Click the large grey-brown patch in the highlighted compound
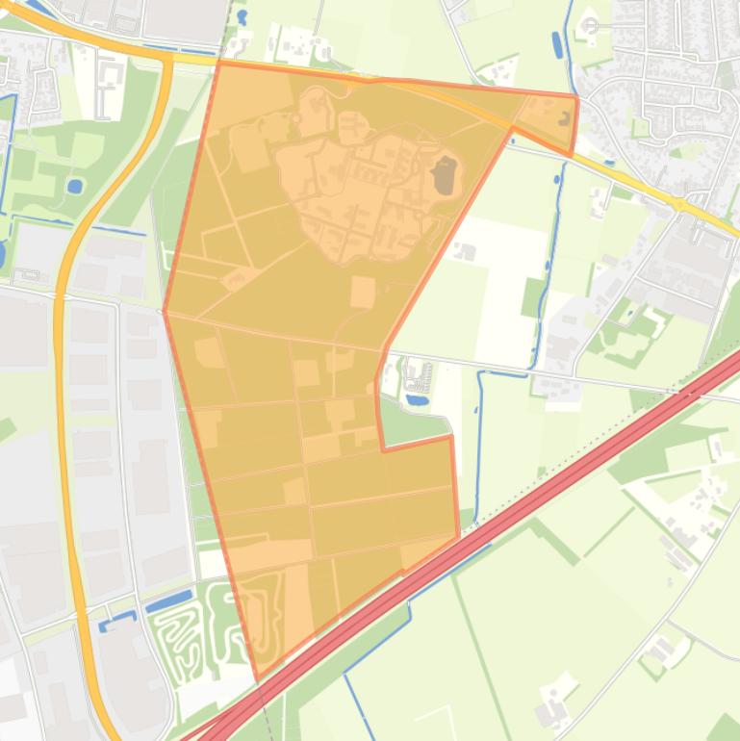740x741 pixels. coord(444,177)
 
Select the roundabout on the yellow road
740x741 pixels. coord(679,204)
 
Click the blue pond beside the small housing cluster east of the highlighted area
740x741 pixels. coord(417,397)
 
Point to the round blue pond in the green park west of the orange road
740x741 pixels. coord(75,186)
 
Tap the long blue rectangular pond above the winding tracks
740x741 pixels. coord(168,602)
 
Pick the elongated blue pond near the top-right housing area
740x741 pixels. coord(557,44)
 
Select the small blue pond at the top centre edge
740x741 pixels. coord(242,17)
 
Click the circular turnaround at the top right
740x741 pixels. coord(590,25)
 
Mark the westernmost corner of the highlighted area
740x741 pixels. coord(165,311)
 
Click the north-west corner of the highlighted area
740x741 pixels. coord(218,64)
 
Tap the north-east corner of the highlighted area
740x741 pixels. coord(576,97)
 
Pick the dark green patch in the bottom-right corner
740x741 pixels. coord(724,727)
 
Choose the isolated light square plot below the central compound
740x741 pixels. coord(363,292)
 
